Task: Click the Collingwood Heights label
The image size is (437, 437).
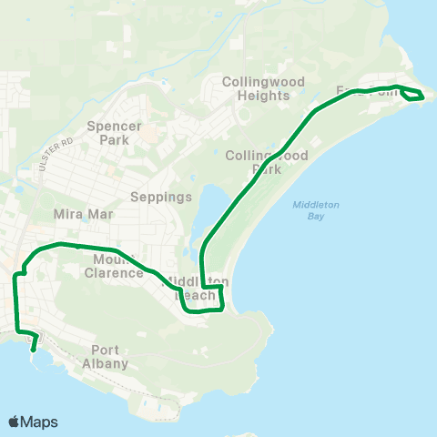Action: pyautogui.click(x=263, y=88)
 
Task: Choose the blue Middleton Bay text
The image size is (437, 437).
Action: pyautogui.click(x=316, y=210)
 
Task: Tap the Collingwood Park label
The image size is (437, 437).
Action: pyautogui.click(x=267, y=162)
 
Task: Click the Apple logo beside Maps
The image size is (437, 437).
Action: pyautogui.click(x=15, y=422)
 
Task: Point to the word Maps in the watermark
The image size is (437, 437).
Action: pyautogui.click(x=41, y=422)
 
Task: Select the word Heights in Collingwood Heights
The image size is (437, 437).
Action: pyautogui.click(x=263, y=96)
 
